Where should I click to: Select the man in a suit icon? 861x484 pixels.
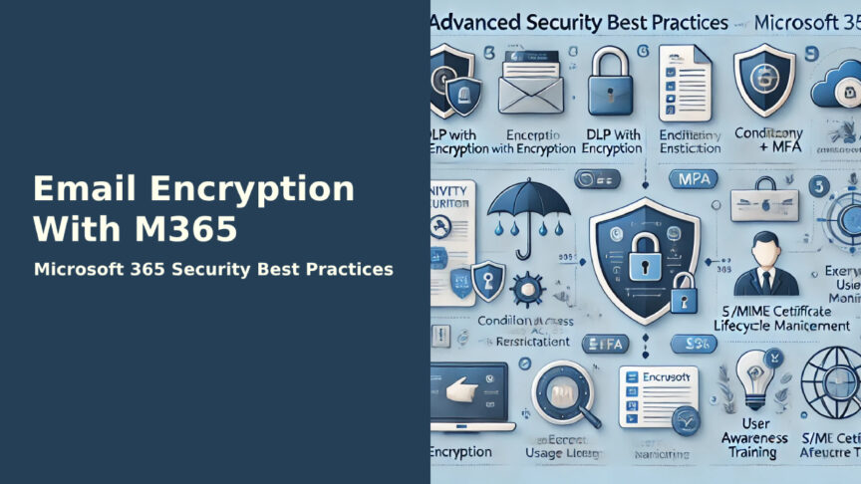coord(767,263)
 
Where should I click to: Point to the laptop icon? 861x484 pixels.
coord(469,393)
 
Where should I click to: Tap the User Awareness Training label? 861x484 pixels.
coord(753,439)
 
